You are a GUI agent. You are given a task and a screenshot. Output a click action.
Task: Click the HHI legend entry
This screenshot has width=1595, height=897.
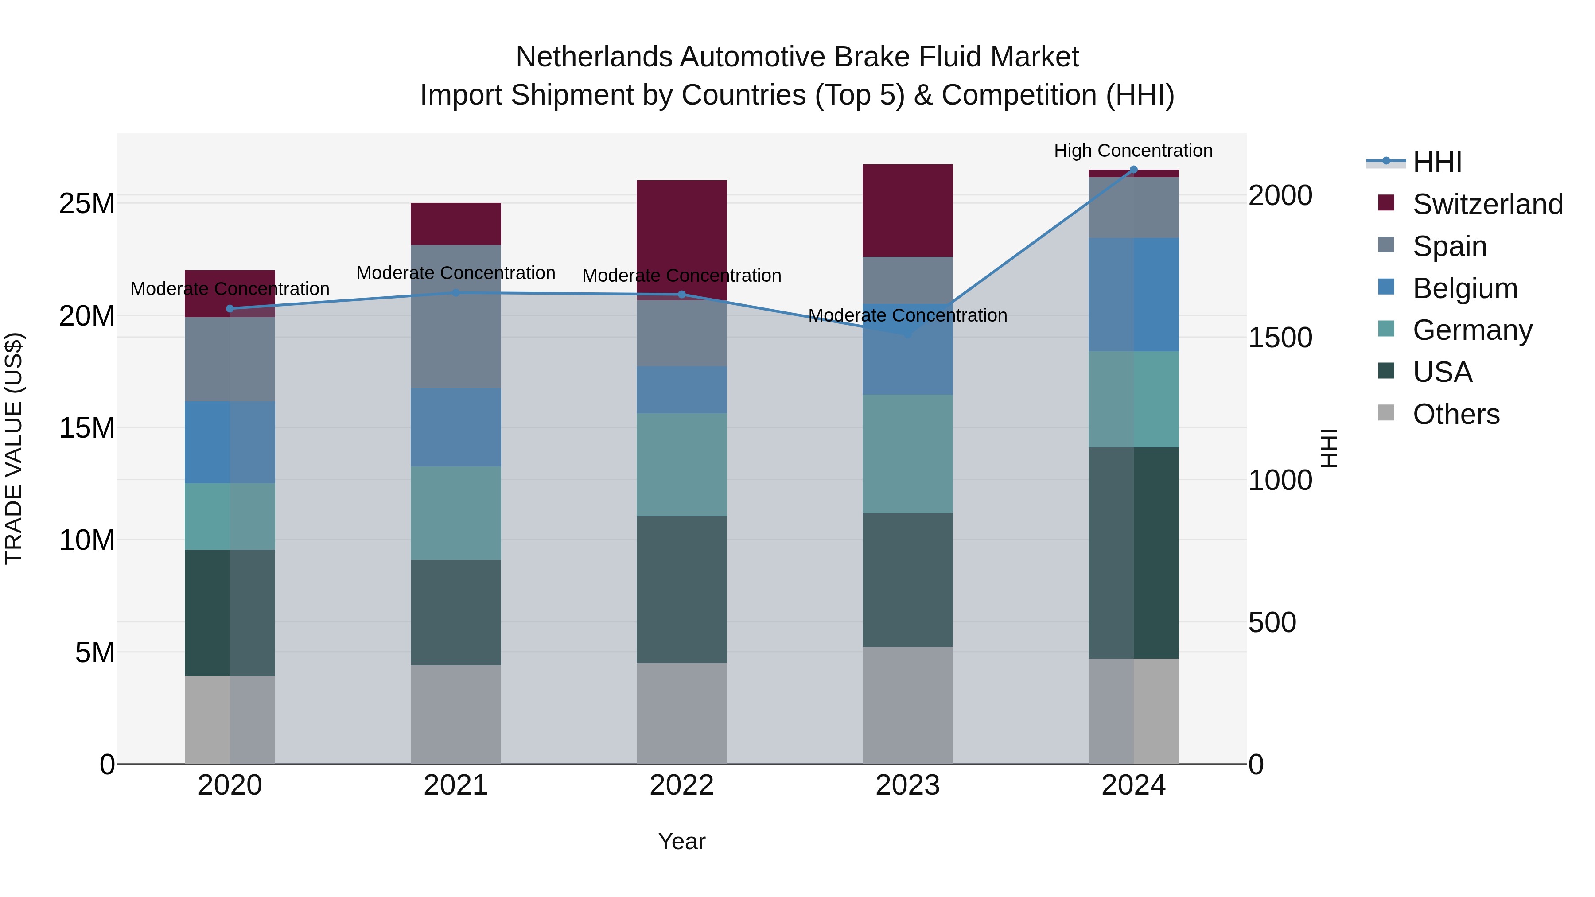tap(1436, 162)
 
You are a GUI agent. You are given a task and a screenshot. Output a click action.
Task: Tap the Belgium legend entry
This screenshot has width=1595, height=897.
tap(1464, 288)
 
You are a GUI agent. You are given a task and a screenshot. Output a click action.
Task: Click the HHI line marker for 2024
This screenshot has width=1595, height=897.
tap(1134, 170)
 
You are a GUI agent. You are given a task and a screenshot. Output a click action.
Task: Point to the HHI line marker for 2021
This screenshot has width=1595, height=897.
tap(456, 293)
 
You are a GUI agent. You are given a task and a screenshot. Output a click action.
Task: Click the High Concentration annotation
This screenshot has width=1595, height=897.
tap(1133, 151)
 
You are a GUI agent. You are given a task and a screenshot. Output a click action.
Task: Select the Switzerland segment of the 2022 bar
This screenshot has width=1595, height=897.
tap(682, 235)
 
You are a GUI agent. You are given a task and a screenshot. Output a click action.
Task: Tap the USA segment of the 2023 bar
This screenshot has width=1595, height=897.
tap(908, 579)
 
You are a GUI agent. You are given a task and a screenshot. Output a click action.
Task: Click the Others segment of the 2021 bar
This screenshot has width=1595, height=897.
tap(456, 714)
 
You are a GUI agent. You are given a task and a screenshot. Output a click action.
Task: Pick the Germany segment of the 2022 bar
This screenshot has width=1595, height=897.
tap(682, 465)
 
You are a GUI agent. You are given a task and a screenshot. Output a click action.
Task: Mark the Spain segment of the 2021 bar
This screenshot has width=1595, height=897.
tap(456, 316)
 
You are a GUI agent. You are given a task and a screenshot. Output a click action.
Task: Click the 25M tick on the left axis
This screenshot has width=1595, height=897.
tap(87, 204)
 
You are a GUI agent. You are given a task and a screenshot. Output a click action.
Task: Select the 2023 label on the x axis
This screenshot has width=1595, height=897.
tap(908, 785)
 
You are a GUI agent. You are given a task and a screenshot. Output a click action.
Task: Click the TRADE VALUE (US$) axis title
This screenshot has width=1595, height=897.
tap(14, 448)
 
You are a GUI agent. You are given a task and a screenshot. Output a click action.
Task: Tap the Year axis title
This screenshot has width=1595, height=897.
tap(682, 841)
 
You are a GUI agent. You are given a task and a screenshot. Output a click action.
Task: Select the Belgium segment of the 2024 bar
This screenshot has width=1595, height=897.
tap(1134, 295)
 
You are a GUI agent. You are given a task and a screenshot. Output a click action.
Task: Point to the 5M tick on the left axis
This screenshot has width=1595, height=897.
tap(95, 652)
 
